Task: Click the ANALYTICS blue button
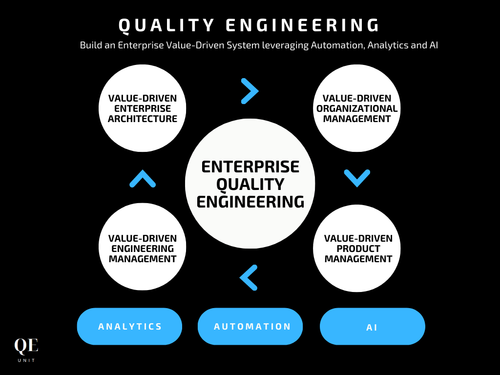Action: click(x=129, y=326)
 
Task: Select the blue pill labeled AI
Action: click(x=372, y=327)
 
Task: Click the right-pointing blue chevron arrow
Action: click(x=250, y=91)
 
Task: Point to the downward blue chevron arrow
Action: click(x=357, y=177)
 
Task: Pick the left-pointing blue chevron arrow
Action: click(x=249, y=277)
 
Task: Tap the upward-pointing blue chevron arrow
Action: click(x=143, y=179)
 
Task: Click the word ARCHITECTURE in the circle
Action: click(x=143, y=119)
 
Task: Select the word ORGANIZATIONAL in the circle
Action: click(x=357, y=108)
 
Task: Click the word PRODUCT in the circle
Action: click(x=358, y=249)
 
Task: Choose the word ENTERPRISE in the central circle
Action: click(x=250, y=167)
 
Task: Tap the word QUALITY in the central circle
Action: click(x=250, y=184)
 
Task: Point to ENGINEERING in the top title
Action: click(x=304, y=26)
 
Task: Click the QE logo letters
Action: click(x=26, y=346)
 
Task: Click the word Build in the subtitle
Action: click(x=90, y=45)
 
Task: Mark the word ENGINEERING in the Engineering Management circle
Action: click(x=143, y=249)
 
